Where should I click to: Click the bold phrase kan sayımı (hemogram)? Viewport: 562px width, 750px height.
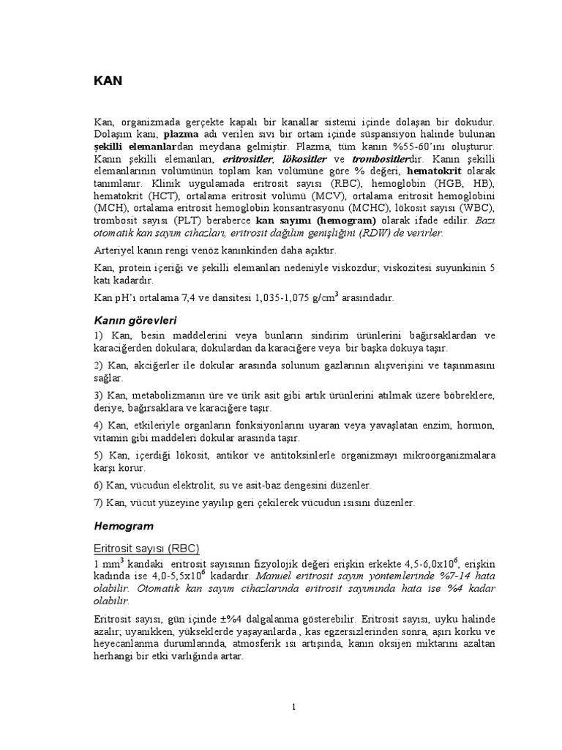tap(315, 220)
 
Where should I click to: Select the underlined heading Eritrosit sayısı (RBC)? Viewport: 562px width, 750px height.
tap(146, 548)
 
